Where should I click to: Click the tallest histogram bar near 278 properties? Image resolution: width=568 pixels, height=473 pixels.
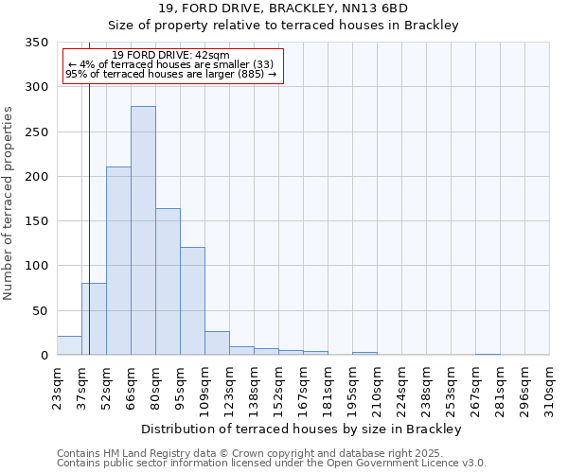[143, 231]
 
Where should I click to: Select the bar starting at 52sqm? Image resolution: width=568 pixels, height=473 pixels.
[118, 261]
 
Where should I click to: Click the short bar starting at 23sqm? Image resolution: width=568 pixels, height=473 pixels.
[69, 346]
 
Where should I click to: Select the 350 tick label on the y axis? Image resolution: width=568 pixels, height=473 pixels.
[36, 43]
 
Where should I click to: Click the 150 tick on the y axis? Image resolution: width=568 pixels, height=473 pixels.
[36, 221]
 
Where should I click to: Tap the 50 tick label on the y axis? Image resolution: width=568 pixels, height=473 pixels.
[40, 310]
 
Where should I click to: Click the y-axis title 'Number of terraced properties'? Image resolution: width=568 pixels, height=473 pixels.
[9, 202]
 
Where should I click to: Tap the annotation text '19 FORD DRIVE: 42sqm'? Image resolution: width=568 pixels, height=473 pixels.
[170, 56]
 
